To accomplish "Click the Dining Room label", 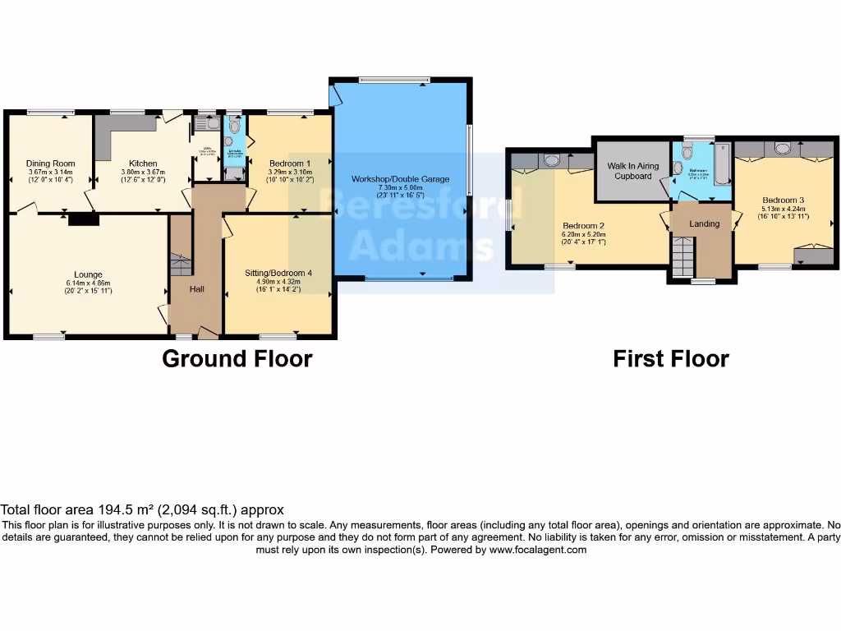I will (x=50, y=164).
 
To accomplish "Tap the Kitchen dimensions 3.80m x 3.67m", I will (x=142, y=172).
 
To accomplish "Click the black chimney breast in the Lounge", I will (x=84, y=219).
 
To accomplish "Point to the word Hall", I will (x=197, y=288).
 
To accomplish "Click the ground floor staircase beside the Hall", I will (x=180, y=265).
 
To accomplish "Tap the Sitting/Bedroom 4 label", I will (x=278, y=273).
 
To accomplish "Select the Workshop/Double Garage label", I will (x=400, y=179).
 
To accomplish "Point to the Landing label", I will (x=704, y=223).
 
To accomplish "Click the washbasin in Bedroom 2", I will (x=551, y=159).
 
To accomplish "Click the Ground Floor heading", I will (x=237, y=359).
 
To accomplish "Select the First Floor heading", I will (x=670, y=359).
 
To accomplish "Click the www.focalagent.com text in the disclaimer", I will (x=538, y=550).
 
